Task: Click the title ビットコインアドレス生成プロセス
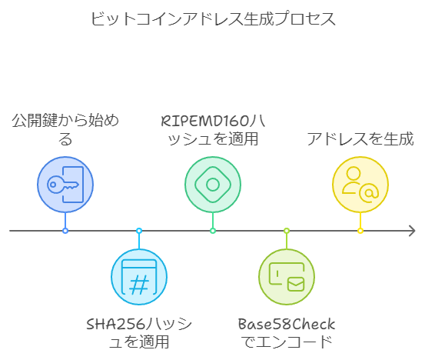[x=213, y=18]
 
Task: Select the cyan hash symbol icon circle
[x=139, y=277]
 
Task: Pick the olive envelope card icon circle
[x=287, y=277]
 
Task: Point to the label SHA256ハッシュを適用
[x=139, y=332]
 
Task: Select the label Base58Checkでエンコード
[x=287, y=332]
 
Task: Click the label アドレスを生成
[x=360, y=139]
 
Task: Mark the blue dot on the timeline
[x=65, y=231]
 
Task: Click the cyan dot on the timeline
[x=139, y=231]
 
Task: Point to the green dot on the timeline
[x=213, y=231]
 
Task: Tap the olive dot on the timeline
[x=287, y=231]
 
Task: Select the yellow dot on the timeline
[x=360, y=231]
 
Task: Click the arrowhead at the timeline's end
[x=412, y=231]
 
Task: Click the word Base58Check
[x=287, y=324]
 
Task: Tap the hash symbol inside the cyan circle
[x=139, y=285]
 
